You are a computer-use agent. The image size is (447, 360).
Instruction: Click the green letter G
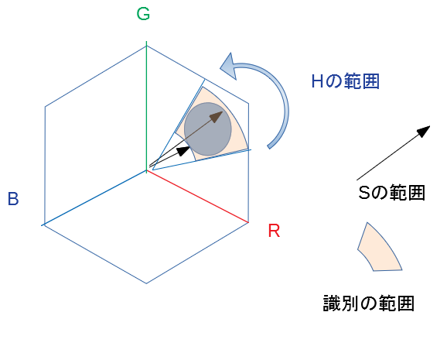point(145,14)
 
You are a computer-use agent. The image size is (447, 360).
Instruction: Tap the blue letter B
point(12,199)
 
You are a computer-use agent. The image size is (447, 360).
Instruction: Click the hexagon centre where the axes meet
point(147,169)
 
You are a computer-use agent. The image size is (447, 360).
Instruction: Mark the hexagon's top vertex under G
point(147,46)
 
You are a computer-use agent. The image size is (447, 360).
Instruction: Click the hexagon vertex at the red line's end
point(249,223)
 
